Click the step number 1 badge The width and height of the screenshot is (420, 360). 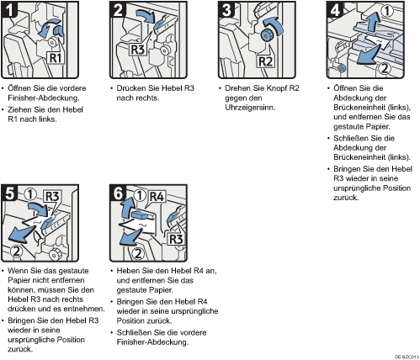(x=9, y=9)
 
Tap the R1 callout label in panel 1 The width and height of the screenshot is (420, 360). (x=56, y=58)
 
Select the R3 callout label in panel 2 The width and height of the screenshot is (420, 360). (x=137, y=50)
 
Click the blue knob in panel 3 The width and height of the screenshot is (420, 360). (x=266, y=34)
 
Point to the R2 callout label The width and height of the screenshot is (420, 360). (x=265, y=61)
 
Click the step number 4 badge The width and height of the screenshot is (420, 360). (x=335, y=10)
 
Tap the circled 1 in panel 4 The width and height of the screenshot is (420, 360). (x=387, y=11)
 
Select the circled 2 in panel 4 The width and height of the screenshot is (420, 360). (x=385, y=68)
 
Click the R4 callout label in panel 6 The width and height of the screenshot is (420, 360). (x=157, y=197)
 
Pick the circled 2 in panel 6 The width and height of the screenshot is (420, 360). (x=138, y=254)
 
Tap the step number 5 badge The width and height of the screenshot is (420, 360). (x=9, y=193)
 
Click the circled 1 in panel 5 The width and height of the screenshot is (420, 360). (x=30, y=194)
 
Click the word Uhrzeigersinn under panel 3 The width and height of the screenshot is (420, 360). (x=250, y=108)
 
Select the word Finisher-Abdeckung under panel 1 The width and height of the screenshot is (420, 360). (x=44, y=98)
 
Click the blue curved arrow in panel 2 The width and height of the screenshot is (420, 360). (x=146, y=14)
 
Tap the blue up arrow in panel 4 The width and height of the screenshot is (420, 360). (x=373, y=22)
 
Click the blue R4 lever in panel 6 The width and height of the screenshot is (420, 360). (x=142, y=215)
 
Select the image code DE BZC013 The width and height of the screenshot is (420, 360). (x=407, y=357)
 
